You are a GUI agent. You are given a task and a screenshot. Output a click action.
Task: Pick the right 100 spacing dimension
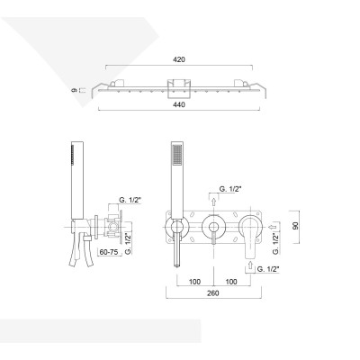[x=232, y=281]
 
